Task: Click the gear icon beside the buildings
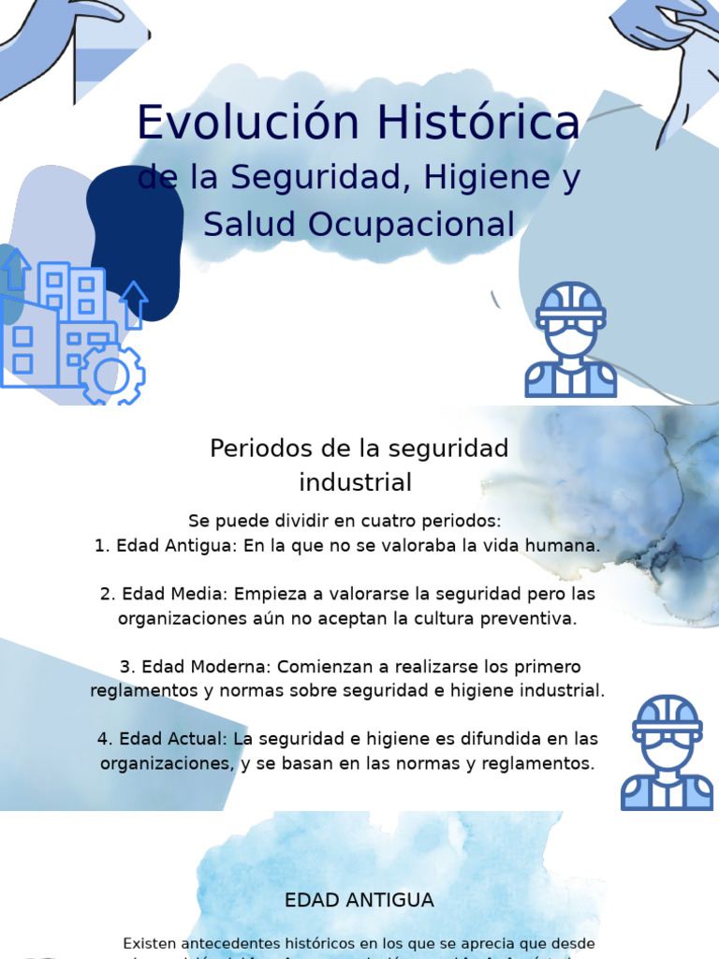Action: click(112, 374)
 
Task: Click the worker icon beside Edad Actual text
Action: click(667, 753)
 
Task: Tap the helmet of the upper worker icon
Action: click(570, 302)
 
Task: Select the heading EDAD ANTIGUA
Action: click(359, 900)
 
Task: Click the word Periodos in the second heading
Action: click(255, 449)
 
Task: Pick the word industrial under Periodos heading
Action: click(356, 483)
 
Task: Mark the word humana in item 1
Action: click(565, 545)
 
